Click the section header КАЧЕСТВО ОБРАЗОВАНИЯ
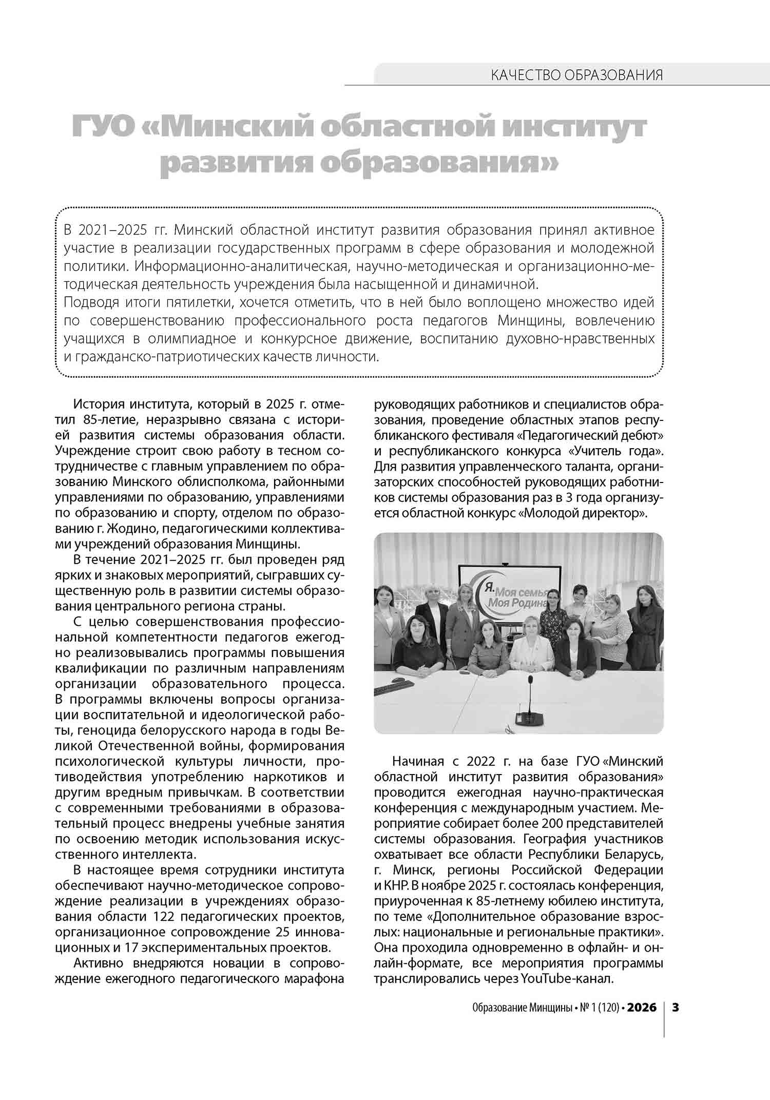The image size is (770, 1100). pyautogui.click(x=576, y=75)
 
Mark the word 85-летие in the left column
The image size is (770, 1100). pyautogui.click(x=108, y=420)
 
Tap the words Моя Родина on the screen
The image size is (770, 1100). pyautogui.click(x=517, y=603)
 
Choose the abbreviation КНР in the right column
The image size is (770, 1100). pyautogui.click(x=396, y=885)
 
